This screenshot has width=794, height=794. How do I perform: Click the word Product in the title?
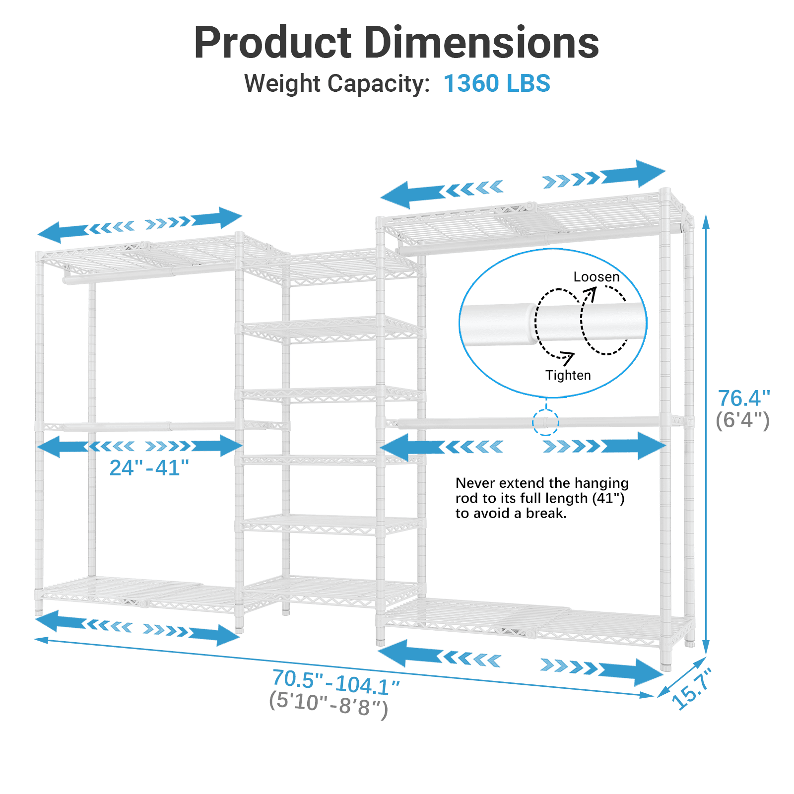tap(272, 43)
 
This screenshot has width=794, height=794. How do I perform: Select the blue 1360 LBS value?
tap(497, 83)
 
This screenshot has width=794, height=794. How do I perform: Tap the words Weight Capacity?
tap(337, 83)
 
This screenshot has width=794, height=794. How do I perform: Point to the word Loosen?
tap(596, 277)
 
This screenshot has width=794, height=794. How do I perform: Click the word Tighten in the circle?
tap(568, 375)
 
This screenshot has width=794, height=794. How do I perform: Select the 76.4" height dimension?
tap(743, 398)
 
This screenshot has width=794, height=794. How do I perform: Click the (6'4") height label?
tap(742, 420)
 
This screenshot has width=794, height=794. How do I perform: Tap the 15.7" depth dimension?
tap(692, 689)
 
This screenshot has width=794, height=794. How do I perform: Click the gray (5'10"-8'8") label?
tap(328, 704)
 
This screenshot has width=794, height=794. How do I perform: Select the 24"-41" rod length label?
tap(149, 467)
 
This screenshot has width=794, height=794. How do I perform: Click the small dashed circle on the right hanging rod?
tap(545, 423)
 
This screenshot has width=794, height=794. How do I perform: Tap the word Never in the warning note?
tap(475, 483)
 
